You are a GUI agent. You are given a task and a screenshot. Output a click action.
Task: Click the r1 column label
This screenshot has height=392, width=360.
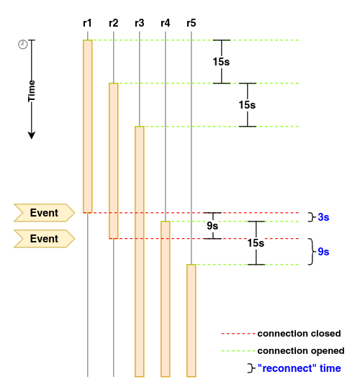tap(87, 23)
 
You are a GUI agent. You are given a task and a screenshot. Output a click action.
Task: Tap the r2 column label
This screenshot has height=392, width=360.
tap(114, 23)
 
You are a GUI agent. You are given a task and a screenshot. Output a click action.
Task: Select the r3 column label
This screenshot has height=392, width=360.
tap(140, 23)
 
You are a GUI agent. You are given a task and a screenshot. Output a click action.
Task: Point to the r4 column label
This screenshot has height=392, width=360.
tap(166, 23)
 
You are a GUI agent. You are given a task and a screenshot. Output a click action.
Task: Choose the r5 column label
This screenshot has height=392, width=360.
tap(192, 23)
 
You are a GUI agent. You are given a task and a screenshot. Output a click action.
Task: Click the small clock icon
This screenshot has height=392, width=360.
tap(23, 45)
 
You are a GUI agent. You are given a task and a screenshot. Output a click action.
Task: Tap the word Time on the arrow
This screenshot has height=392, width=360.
tap(32, 91)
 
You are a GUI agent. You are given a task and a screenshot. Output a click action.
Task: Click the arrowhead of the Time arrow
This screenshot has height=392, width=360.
tap(32, 135)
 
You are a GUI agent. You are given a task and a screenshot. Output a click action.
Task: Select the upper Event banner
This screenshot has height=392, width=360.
tap(45, 213)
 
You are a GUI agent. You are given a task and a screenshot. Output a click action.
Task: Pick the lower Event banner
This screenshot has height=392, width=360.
tap(45, 239)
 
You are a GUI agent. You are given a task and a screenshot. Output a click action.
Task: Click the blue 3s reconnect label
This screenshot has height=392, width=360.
tap(323, 217)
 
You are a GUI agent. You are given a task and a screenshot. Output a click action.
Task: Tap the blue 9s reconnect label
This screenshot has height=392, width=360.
tap(323, 252)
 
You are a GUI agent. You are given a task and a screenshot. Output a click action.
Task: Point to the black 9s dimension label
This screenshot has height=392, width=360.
tap(212, 226)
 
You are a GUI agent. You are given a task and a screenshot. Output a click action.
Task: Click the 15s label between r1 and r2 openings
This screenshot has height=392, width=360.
tap(222, 62)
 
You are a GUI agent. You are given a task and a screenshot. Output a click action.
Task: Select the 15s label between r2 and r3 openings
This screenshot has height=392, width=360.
tap(247, 105)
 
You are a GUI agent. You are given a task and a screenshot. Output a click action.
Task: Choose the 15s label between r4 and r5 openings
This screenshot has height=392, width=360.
tap(256, 243)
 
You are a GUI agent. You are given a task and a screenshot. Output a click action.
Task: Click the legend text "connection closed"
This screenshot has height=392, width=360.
tap(300, 334)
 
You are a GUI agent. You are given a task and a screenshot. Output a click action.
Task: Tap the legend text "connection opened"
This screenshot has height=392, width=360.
tap(301, 351)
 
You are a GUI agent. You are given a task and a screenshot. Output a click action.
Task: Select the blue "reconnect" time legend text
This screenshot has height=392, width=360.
tap(300, 368)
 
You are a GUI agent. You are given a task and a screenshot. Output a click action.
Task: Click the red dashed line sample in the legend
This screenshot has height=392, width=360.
tap(238, 334)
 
